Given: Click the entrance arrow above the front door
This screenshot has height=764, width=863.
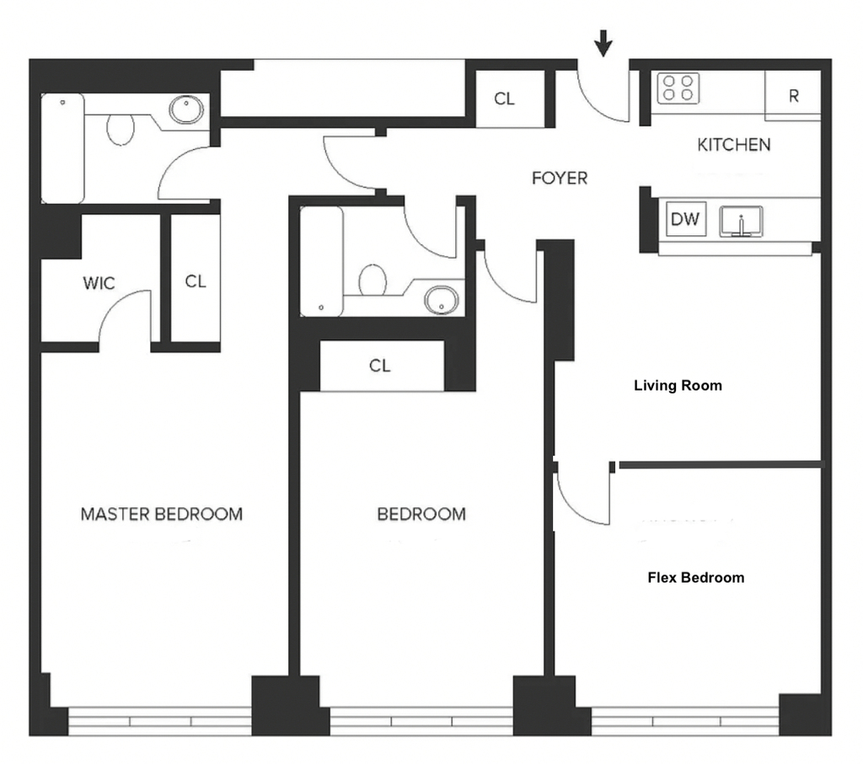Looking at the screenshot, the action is coord(603,43).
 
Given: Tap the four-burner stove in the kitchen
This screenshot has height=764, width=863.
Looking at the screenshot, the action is coord(678,88).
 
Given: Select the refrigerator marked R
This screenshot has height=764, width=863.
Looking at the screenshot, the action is coord(792,96).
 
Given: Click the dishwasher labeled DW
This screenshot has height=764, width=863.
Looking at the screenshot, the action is coord(685,219).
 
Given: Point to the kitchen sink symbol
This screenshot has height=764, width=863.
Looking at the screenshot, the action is coord(742,222).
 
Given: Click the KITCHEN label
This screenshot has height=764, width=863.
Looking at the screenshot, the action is coord(734,145).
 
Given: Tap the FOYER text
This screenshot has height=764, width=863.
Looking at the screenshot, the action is coord(560,179).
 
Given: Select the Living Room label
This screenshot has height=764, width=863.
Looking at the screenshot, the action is coord(678,386).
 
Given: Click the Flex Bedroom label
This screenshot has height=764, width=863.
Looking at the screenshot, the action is coord(695,578).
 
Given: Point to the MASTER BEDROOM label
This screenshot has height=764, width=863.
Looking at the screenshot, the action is coord(161,515).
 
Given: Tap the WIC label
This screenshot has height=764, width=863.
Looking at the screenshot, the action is coord(99,283).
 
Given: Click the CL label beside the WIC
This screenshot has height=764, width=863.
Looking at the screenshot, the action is coord(196,281).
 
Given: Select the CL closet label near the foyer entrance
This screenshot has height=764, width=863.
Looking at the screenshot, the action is coord(504,99).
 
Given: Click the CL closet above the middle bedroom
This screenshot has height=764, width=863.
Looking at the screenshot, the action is coord(380,366).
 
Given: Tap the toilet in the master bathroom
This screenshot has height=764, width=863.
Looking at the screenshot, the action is coord(120,129).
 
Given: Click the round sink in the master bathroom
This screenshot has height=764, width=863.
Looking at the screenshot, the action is coord(186,110).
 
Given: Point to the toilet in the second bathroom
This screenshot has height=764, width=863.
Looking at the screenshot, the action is coord(373,280).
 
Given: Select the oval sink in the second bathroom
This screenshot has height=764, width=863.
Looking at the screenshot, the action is coord(442,300).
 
